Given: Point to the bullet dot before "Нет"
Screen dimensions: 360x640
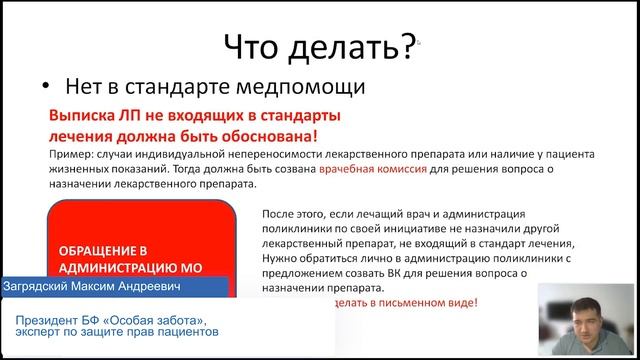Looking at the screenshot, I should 46,87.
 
